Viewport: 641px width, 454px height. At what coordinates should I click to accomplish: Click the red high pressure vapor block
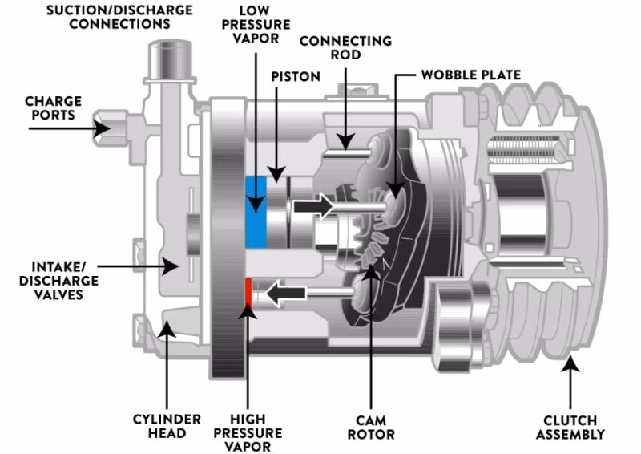[248, 293]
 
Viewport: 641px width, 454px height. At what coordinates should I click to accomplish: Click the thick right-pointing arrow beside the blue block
[313, 206]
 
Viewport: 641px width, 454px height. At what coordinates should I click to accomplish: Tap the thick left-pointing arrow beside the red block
[284, 294]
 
